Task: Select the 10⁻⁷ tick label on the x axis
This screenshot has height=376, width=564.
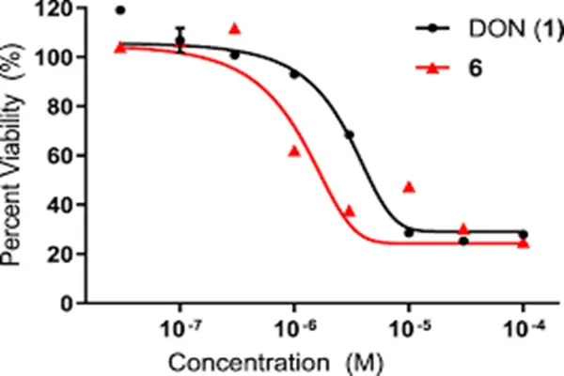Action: pyautogui.click(x=181, y=331)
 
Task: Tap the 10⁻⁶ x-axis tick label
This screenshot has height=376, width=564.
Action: pyautogui.click(x=295, y=331)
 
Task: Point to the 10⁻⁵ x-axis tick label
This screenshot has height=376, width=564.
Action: pyautogui.click(x=409, y=331)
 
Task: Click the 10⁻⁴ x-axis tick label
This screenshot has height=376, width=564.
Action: pyautogui.click(x=523, y=331)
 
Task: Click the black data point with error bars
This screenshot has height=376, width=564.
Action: pyautogui.click(x=180, y=40)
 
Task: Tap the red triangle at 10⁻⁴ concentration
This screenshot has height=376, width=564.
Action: pyautogui.click(x=524, y=243)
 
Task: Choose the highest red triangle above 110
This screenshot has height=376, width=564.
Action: pyautogui.click(x=235, y=28)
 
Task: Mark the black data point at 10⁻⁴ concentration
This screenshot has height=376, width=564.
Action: pyautogui.click(x=524, y=234)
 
